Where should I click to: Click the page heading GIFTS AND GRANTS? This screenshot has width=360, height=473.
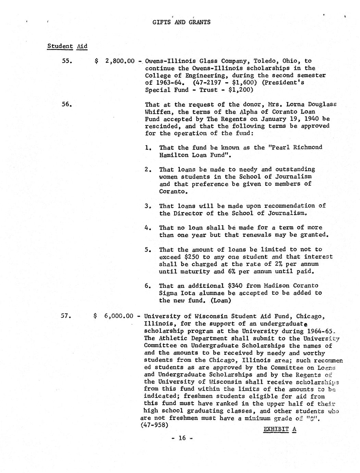coord(181,22)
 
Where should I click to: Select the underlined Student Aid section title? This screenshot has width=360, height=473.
coord(67,46)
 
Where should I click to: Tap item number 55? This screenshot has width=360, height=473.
coord(66,61)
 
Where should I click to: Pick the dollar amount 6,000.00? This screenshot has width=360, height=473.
coord(119,316)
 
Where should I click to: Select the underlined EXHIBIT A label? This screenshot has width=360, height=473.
coord(280,429)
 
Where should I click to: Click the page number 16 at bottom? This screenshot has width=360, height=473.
coord(182,438)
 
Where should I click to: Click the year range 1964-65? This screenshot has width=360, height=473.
coord(318,331)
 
